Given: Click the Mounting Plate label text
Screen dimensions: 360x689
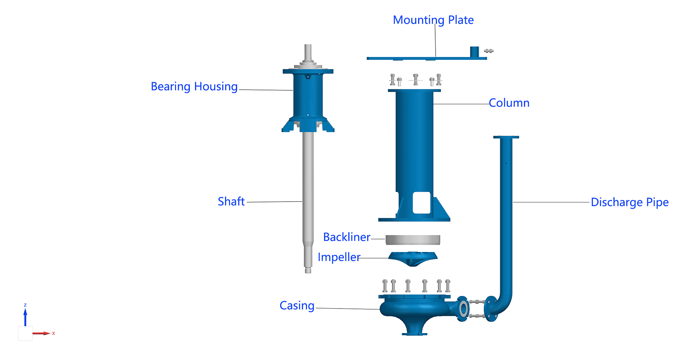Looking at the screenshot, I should pos(433,20).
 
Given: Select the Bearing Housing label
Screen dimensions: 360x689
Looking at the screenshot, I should pos(194,86).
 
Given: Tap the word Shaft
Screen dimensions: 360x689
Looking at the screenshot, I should pos(231,201).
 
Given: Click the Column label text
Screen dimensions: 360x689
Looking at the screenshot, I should pos(509,103).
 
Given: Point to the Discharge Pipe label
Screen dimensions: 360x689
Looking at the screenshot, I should pos(630,202).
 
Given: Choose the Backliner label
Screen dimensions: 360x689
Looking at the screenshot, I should pos(347,237).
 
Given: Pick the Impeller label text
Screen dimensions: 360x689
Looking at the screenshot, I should pos(339,257).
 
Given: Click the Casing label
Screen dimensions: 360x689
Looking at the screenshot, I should pos(297,306).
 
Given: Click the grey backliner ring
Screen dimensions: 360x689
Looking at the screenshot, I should pos(413,239).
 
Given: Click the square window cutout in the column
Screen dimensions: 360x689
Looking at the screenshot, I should pos(422,203).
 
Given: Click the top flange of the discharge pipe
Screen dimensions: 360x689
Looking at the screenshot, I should pos(506,137).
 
